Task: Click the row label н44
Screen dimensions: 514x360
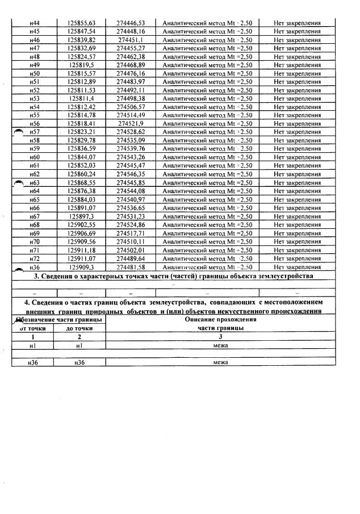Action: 34,23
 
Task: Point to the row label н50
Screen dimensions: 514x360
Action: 34,74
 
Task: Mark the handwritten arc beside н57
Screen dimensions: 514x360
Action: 18,131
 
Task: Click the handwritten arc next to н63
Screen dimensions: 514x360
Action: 18,182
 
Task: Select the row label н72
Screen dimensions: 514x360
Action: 34,258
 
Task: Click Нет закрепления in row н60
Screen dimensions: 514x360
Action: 297,157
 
